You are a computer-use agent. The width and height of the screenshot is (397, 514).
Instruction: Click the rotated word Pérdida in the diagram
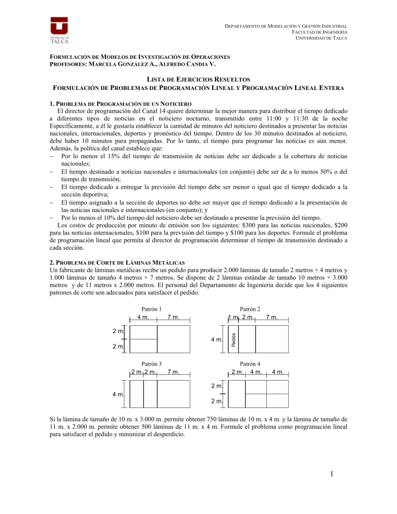pos(233,339)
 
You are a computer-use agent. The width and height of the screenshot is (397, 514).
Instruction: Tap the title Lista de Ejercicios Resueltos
pos(198,79)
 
